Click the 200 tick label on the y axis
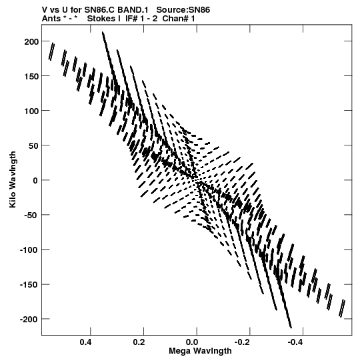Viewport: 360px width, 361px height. tap(31, 42)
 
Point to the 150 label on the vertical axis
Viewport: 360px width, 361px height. tap(31, 77)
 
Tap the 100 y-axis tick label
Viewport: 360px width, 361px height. tap(31, 111)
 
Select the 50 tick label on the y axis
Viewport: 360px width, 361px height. tap(33, 146)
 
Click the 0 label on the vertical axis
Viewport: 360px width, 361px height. tap(35, 181)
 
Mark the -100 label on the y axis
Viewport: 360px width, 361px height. tap(29, 250)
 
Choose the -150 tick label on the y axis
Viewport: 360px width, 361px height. tap(29, 285)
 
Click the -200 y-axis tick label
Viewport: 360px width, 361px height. tap(29, 320)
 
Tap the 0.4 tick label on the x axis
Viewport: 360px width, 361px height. tap(86, 342)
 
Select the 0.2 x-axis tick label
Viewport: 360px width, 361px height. tap(139, 342)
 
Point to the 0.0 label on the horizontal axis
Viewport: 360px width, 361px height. tap(192, 342)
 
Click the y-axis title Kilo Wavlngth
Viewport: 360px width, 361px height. tap(13, 179)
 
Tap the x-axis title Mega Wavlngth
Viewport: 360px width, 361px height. tap(201, 351)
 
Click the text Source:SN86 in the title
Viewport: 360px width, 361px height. tap(183, 10)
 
